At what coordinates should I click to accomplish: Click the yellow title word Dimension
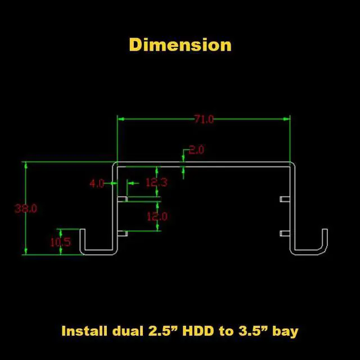point(180,44)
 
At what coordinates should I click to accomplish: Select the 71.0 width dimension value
point(204,119)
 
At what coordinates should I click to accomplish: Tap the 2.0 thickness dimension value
point(196,150)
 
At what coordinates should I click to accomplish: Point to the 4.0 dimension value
point(97,183)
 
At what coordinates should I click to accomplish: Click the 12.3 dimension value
point(156,182)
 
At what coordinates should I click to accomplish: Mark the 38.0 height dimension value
point(25,208)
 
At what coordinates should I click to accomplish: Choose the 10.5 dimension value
point(60,242)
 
